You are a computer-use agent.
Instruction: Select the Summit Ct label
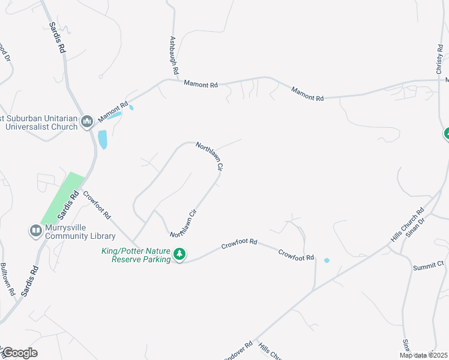coord(428,264)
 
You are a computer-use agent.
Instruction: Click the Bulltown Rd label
coord(8,278)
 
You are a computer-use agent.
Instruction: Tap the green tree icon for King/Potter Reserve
coord(179,255)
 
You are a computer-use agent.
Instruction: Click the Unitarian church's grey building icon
coord(86,122)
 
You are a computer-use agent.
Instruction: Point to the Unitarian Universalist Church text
coord(40,122)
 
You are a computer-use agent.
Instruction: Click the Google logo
coord(19,353)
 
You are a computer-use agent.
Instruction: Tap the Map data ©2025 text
coord(423,355)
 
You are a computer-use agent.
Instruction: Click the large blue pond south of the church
coord(103,139)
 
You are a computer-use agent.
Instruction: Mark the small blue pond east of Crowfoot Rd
coord(327,260)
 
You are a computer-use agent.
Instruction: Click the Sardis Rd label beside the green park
coord(68,206)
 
